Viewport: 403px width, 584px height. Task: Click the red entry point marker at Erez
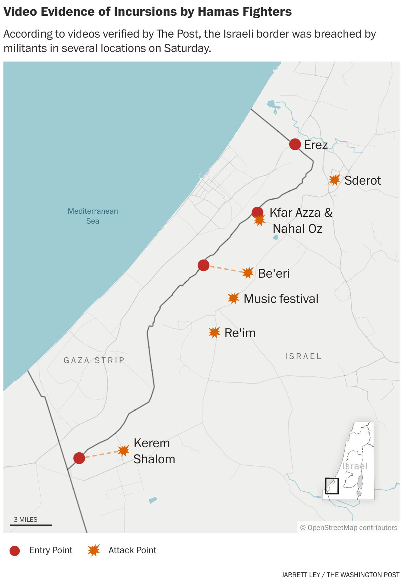coord(295,144)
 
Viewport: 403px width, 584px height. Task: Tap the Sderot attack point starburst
coord(335,180)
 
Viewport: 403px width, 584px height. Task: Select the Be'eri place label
coord(274,274)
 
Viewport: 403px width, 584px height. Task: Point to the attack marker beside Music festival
coord(234,298)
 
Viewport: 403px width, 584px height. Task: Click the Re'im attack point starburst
coord(214,332)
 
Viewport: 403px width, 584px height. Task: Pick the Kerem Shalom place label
coord(154,451)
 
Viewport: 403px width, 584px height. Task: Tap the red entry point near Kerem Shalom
coord(79,458)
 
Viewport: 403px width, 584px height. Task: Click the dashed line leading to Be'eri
coord(225,269)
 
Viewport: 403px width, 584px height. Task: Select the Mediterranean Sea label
coord(93,216)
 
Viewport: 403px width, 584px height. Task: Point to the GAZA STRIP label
coord(94,360)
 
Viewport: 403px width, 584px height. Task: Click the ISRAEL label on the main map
coord(303,356)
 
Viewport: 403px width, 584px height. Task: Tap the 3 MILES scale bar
coord(31,525)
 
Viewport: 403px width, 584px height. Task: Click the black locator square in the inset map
coord(332,486)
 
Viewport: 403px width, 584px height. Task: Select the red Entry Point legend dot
coord(15,550)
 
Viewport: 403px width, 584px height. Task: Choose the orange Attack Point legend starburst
coord(94,550)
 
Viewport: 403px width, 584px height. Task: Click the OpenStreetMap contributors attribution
coord(349,528)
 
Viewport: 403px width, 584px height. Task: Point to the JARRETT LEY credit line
coord(340,575)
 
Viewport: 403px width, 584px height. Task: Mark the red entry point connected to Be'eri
coord(204,265)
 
